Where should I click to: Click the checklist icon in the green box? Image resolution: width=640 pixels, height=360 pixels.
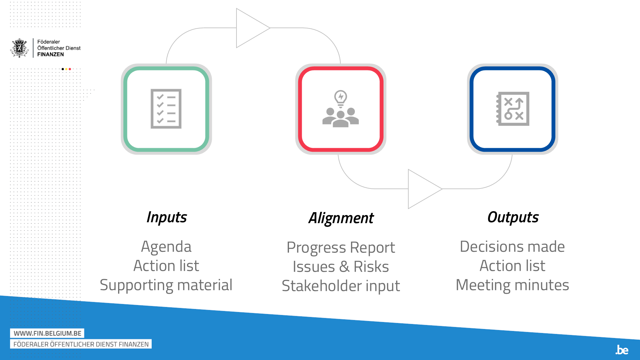click(x=166, y=109)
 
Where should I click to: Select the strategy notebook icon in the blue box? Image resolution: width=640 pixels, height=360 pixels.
click(x=513, y=109)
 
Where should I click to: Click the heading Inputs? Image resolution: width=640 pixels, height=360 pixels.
click(x=166, y=217)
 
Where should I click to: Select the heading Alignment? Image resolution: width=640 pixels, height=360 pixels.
click(x=341, y=218)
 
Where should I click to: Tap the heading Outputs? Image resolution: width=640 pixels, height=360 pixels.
click(x=513, y=217)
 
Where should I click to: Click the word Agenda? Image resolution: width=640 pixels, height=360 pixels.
click(x=166, y=247)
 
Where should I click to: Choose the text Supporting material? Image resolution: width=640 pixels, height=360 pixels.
click(x=166, y=285)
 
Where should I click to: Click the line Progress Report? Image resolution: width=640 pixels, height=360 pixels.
click(x=341, y=248)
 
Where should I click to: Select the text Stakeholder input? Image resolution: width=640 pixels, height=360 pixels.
click(x=341, y=286)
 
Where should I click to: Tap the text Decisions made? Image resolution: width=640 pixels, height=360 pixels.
click(x=512, y=247)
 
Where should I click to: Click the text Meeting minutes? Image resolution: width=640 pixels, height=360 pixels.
click(x=512, y=285)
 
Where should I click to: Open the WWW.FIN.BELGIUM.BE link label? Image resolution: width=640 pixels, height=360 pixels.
click(x=47, y=333)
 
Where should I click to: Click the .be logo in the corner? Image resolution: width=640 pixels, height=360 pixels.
click(x=622, y=350)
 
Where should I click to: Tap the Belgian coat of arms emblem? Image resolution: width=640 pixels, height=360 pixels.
click(x=20, y=48)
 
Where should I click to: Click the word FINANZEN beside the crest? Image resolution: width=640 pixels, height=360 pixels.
click(x=51, y=54)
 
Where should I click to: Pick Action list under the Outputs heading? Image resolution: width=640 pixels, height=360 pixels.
click(x=512, y=266)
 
